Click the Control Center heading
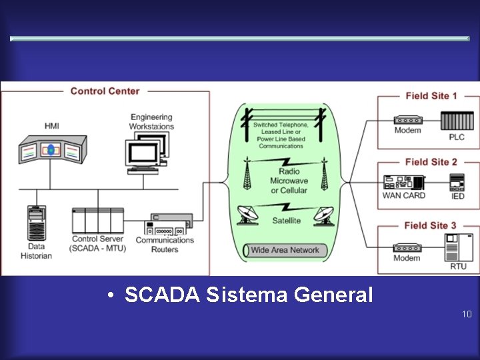[x=105, y=91]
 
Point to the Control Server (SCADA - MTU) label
[x=97, y=243]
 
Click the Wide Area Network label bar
[x=285, y=251]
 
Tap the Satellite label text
[x=286, y=221]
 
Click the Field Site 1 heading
[x=431, y=96]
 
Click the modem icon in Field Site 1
[x=407, y=117]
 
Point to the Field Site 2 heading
[x=431, y=162]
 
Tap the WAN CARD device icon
[x=403, y=181]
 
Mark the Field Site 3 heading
[x=431, y=226]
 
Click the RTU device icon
[x=458, y=247]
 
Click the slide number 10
[x=466, y=313]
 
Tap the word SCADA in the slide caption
[x=162, y=294]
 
